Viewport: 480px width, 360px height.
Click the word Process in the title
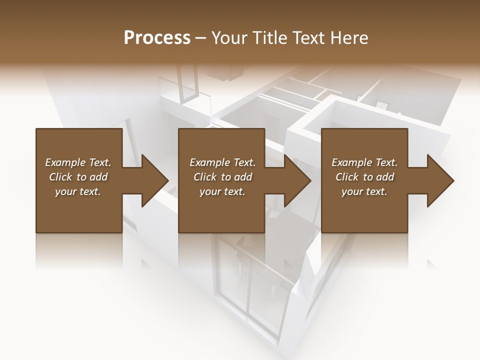click(x=157, y=38)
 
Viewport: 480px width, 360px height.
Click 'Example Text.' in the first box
click(x=78, y=162)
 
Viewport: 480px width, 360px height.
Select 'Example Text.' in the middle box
click(x=222, y=162)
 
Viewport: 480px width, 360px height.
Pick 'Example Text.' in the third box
click(x=364, y=162)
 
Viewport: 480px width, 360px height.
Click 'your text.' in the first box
click(x=78, y=191)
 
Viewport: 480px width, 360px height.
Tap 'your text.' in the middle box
click(x=222, y=191)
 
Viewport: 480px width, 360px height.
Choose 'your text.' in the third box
click(x=364, y=191)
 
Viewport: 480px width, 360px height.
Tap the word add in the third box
click(x=385, y=177)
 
